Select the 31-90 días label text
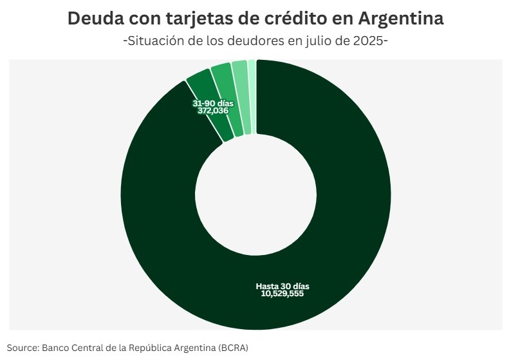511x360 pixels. [x=213, y=103]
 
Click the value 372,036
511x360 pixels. [x=213, y=111]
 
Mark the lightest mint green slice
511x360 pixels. [x=252, y=97]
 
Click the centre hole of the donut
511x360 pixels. [x=256, y=195]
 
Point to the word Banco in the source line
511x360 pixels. [x=56, y=347]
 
